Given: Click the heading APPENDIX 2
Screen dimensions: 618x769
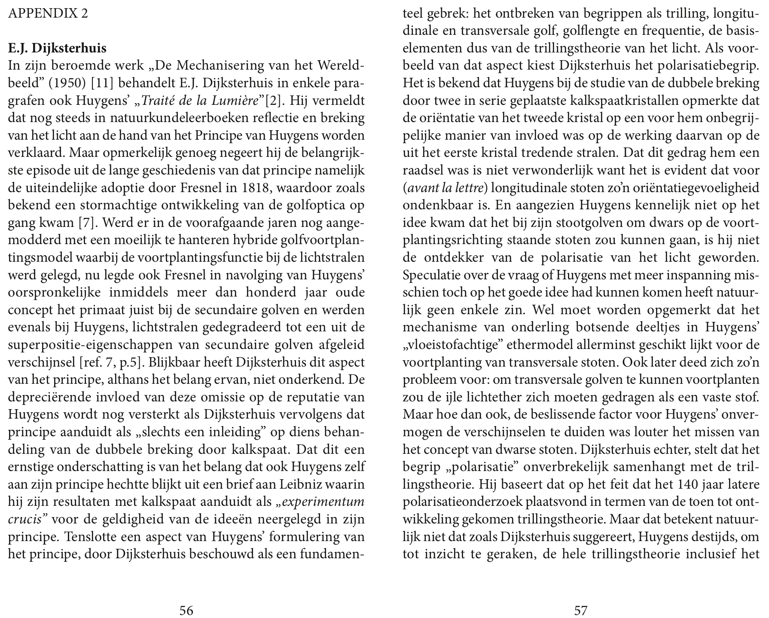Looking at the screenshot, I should (x=48, y=14).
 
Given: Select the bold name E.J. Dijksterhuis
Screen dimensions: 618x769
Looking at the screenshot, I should (x=57, y=48).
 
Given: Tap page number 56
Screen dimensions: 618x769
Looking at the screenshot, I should (x=186, y=610).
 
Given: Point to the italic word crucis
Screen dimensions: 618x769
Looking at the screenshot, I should (x=24, y=519).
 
